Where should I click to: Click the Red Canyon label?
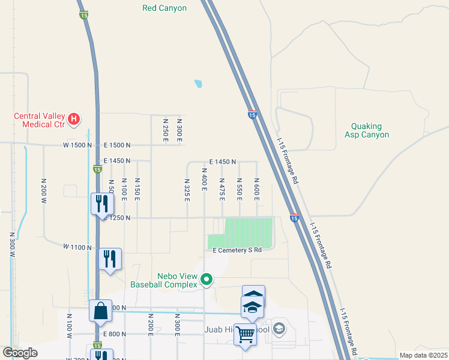[164, 8]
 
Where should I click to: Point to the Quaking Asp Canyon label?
[367, 130]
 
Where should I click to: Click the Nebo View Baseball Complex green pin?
[206, 279]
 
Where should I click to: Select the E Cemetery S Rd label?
[238, 250]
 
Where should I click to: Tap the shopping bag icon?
[100, 311]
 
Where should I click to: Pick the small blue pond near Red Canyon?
[198, 84]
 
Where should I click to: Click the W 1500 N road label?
[78, 145]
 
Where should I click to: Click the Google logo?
[20, 353]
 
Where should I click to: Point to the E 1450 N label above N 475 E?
[223, 162]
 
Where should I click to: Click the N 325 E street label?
[187, 189]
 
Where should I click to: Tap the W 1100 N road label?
[77, 247]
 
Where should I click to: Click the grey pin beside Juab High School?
[279, 328]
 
